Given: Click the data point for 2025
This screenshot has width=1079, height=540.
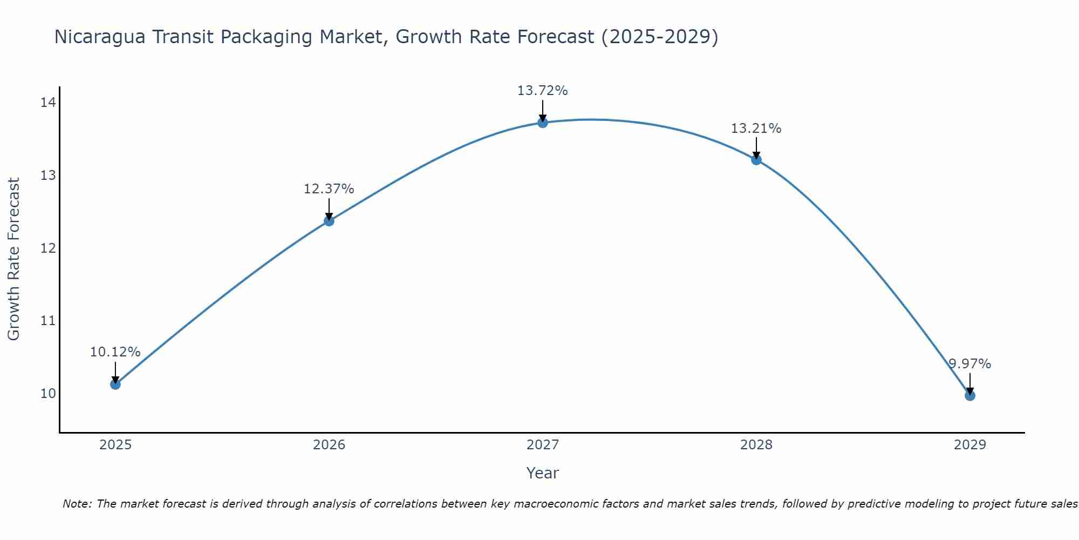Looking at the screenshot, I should (115, 384).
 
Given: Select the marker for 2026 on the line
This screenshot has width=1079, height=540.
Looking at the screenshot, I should (329, 220).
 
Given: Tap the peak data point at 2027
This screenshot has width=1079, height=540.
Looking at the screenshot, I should (543, 123).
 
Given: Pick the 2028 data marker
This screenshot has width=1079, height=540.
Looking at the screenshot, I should (756, 159).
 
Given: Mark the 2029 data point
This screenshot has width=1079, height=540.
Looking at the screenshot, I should (970, 395).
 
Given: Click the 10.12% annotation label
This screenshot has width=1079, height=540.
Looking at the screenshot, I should (115, 352).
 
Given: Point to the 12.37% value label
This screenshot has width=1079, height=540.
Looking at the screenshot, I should (329, 189).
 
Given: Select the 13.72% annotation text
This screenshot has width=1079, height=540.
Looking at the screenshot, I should (542, 91).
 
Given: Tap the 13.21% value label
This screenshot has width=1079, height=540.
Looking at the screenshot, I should (756, 129).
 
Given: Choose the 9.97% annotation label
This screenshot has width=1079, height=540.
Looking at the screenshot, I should (970, 364).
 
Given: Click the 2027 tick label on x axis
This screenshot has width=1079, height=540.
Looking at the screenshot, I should (543, 445).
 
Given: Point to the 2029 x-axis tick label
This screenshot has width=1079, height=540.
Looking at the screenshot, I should (970, 445).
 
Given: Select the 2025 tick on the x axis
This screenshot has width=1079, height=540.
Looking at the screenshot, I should (115, 445).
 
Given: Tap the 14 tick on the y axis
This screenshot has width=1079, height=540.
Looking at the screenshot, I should (48, 102).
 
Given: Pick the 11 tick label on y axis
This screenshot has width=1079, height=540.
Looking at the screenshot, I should (48, 321).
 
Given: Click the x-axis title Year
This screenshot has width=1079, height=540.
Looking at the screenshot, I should (542, 473).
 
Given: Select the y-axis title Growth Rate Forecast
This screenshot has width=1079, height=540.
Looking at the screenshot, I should (14, 259).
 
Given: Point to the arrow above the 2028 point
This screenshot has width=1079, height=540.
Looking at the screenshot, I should (756, 147).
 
